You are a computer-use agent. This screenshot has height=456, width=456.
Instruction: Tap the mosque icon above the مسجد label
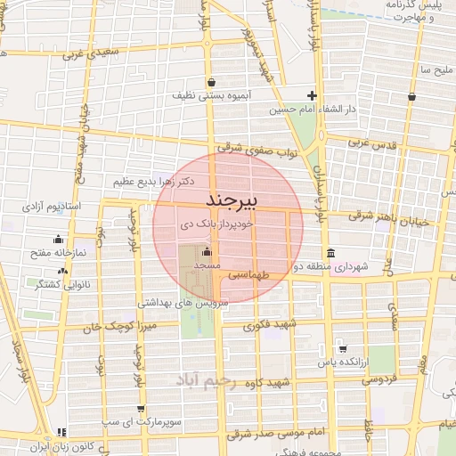point(206,251)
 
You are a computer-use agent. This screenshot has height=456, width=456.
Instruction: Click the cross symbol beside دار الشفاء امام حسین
point(312,96)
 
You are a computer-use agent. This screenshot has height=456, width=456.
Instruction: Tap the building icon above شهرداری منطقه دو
point(330,251)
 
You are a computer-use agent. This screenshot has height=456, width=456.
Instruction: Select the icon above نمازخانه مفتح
point(59,239)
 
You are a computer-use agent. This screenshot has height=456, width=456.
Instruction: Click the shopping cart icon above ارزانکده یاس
point(342,348)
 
